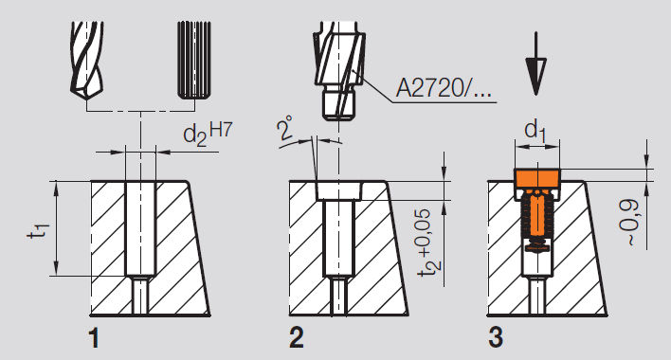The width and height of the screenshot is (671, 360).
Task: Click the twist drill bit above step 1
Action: coord(91,59)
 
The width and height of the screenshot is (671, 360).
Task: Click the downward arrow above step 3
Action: coord(536,63)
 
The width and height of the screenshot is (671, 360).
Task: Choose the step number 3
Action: coord(496,336)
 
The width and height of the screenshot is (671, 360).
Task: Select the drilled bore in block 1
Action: coord(139,227)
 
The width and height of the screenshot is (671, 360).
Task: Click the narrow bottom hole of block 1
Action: coord(139,296)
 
